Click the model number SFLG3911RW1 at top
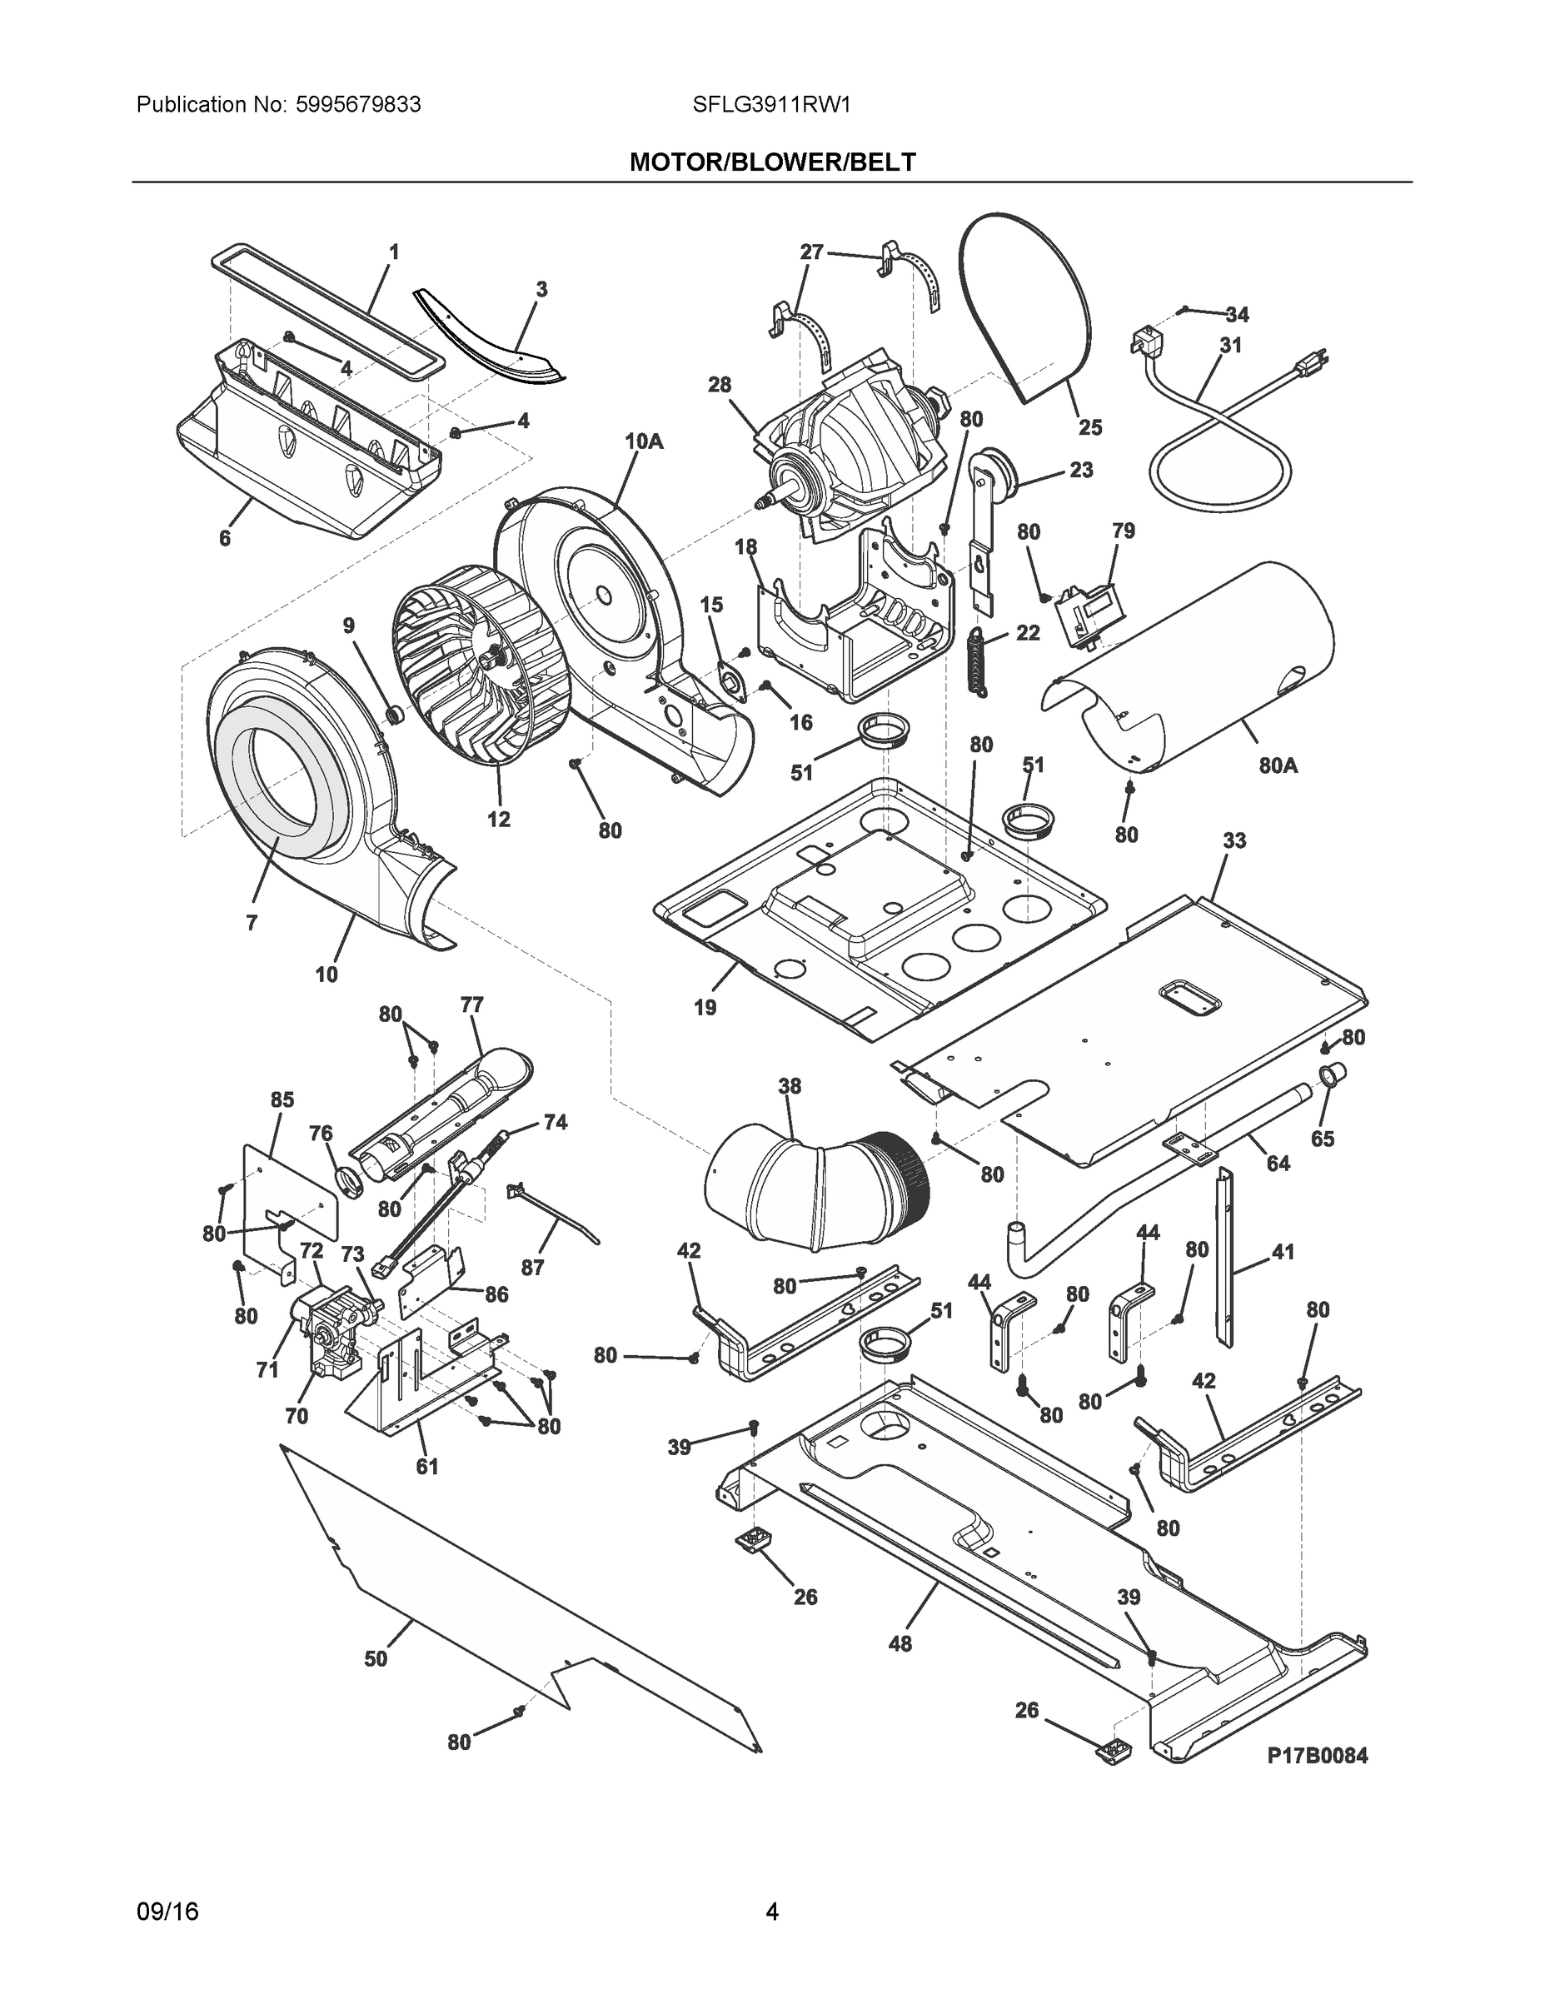click(x=771, y=105)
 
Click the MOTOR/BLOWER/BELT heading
click(x=771, y=162)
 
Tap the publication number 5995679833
click(x=358, y=105)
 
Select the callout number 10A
click(x=644, y=442)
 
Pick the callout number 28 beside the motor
click(x=720, y=386)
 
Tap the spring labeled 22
click(x=979, y=663)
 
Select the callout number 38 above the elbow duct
click(x=789, y=1086)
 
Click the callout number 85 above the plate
click(x=282, y=1099)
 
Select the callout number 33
click(x=1234, y=840)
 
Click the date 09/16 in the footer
click(x=167, y=1912)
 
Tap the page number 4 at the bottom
click(x=771, y=1912)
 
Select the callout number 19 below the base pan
click(x=705, y=1008)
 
